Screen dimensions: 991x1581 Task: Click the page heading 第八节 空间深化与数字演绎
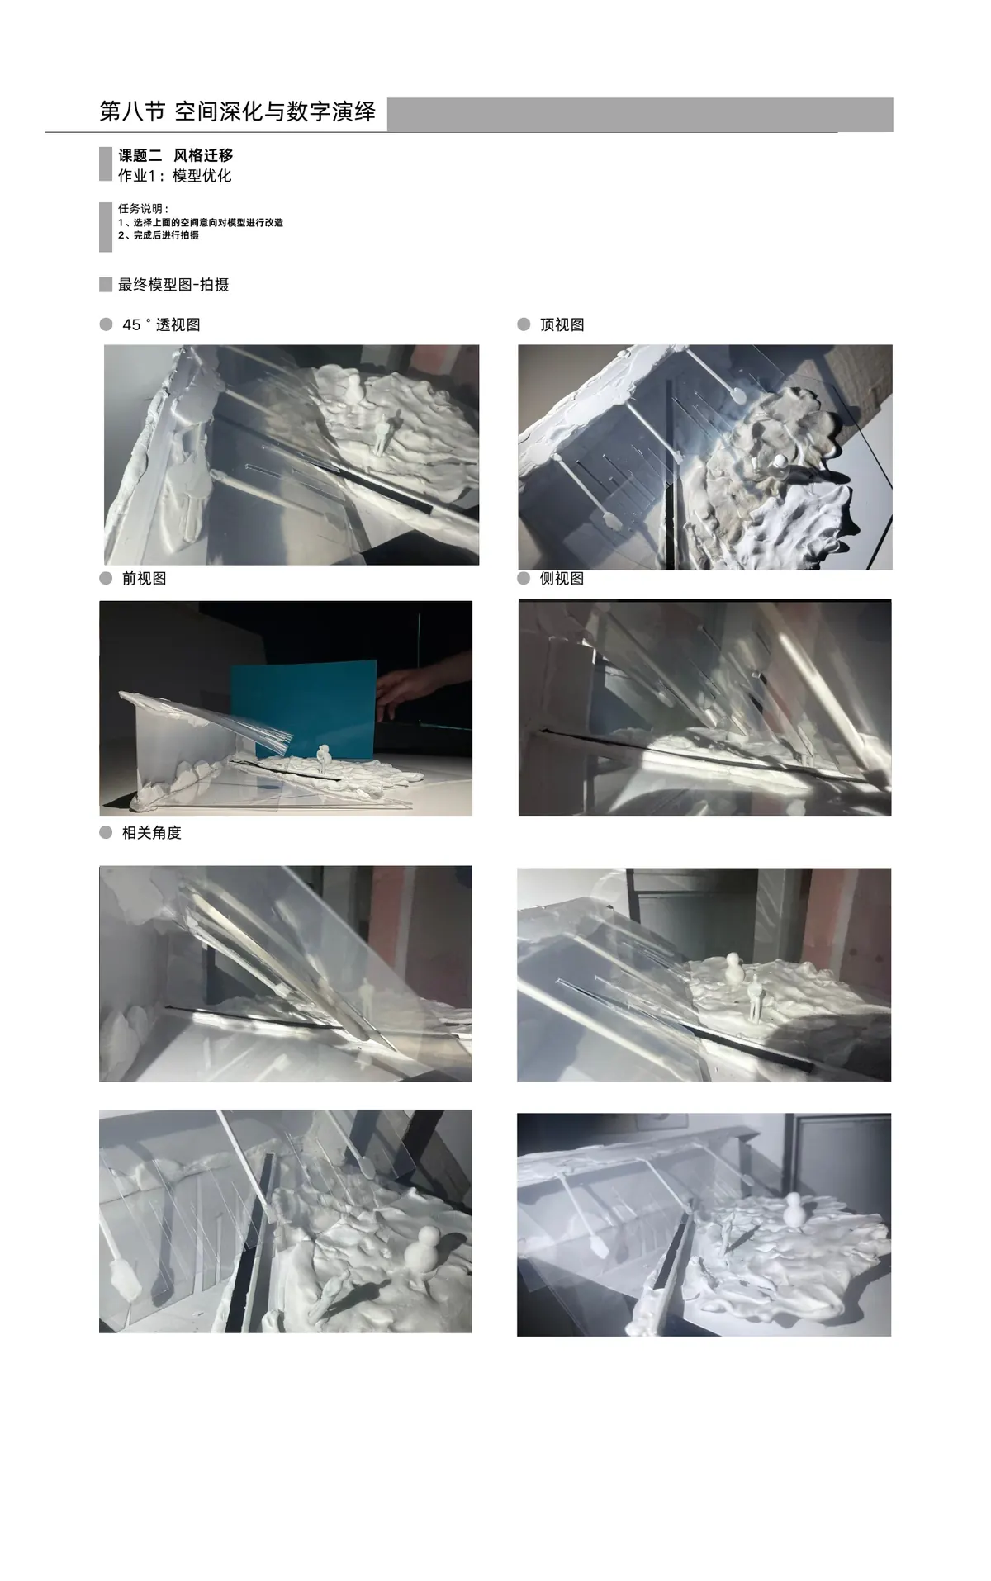pos(237,111)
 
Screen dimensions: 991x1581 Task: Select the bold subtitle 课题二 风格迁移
pos(175,155)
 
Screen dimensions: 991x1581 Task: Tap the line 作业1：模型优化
pos(174,176)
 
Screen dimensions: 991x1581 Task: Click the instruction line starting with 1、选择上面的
pos(201,222)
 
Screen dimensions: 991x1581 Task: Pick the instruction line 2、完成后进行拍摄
pos(159,235)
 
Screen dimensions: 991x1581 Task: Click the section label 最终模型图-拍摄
pos(173,285)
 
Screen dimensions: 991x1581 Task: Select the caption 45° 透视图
pos(161,325)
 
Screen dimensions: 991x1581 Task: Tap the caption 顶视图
pos(562,325)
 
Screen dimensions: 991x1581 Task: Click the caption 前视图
pos(145,579)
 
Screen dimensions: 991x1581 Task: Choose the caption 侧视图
pos(562,579)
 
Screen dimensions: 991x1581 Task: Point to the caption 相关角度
pos(152,833)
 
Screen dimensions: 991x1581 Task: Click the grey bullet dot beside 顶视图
pos(524,324)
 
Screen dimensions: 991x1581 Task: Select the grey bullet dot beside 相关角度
pos(106,832)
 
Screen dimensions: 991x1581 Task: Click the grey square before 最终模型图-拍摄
pos(106,285)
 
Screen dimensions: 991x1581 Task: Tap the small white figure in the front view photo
pos(325,758)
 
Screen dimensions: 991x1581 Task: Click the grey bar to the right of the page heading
pos(640,114)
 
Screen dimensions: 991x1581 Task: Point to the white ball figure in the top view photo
pos(779,462)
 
